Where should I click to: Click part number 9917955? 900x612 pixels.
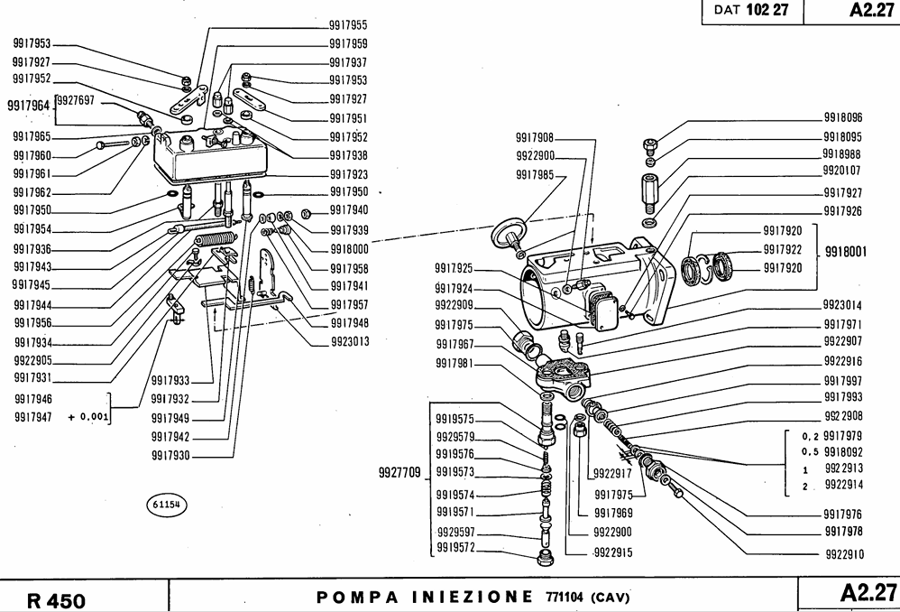pyautogui.click(x=347, y=25)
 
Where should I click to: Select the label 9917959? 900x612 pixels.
pyautogui.click(x=347, y=43)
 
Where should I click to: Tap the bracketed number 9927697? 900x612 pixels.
pyautogui.click(x=75, y=100)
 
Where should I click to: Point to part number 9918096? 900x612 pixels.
pyautogui.click(x=842, y=118)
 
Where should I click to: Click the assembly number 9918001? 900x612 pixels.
pyautogui.click(x=846, y=254)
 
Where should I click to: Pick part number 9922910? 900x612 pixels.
pyautogui.click(x=843, y=553)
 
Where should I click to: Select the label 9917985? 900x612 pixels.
pyautogui.click(x=535, y=174)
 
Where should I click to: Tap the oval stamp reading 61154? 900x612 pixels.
pyautogui.click(x=164, y=506)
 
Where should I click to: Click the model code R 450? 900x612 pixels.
pyautogui.click(x=56, y=600)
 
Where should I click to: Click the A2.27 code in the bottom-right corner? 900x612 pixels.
pyautogui.click(x=868, y=594)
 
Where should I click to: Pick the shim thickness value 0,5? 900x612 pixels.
pyautogui.click(x=809, y=451)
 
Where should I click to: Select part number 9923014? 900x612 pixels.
pyautogui.click(x=842, y=305)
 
